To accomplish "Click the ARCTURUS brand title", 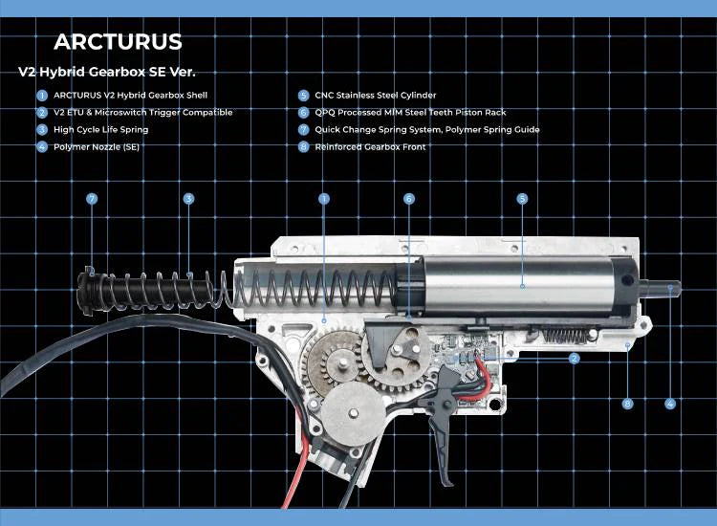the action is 118,42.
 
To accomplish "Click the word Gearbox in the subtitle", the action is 116,72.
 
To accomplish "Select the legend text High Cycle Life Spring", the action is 101,129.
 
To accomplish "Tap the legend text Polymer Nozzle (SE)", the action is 97,147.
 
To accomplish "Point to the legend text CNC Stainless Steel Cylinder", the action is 376,95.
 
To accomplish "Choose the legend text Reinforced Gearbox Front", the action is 370,147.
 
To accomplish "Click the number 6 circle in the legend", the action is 303,113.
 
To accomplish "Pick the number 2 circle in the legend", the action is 42,113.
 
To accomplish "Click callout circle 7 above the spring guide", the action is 92,199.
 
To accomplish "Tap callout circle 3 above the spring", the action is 188,199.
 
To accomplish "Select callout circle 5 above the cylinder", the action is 522,199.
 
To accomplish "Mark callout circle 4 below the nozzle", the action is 670,404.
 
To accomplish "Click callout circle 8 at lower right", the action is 627,404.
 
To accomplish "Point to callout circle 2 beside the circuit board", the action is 575,359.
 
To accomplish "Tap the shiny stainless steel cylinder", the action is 519,286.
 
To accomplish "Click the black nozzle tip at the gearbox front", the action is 661,288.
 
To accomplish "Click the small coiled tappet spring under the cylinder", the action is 565,337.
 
